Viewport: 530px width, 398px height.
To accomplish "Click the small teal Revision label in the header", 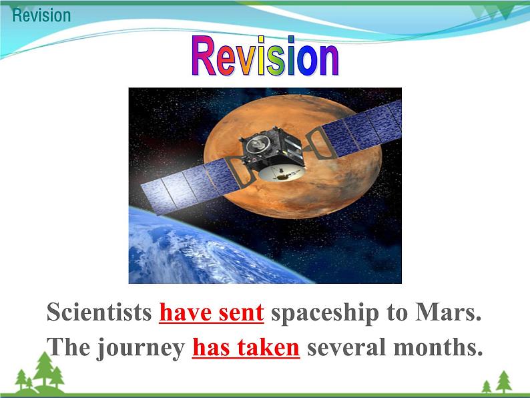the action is (x=41, y=15).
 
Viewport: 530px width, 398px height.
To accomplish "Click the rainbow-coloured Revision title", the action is (x=265, y=56).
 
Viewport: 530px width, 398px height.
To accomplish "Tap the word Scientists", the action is (x=99, y=312).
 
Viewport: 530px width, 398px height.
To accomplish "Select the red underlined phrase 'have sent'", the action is (x=212, y=312).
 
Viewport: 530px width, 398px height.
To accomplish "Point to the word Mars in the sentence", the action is (x=448, y=312).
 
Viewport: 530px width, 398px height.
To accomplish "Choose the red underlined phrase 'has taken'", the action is (x=246, y=348).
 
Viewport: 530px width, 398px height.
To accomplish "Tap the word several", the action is (x=346, y=348).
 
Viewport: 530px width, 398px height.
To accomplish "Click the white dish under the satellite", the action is (x=281, y=173).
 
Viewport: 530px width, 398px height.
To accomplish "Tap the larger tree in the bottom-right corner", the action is (x=504, y=382).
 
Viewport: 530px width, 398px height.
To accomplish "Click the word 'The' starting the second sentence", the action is (x=68, y=347).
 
